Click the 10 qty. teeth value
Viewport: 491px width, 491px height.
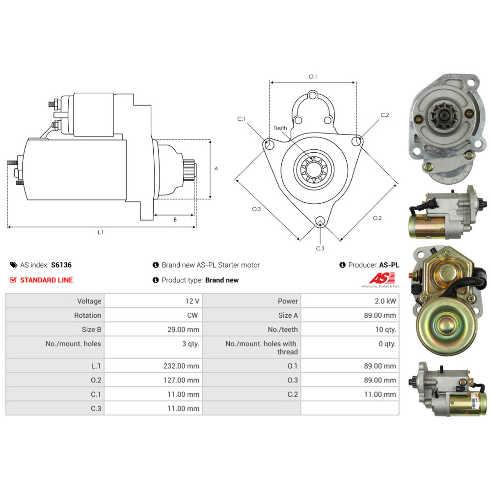coord(385,329)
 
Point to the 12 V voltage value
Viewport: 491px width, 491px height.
coord(192,301)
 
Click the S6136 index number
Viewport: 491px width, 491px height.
coord(61,265)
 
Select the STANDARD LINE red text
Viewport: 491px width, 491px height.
coord(46,280)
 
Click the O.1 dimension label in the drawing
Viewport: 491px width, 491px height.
coord(313,77)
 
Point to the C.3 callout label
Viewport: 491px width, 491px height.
coord(320,248)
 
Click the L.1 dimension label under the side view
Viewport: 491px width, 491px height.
coord(101,232)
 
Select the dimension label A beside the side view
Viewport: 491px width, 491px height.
coord(216,168)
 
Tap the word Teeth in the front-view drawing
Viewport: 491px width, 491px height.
coord(280,128)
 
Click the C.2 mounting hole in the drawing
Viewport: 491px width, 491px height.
coord(357,141)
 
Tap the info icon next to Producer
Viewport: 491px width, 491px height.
coord(343,265)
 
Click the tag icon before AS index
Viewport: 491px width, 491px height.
coord(14,265)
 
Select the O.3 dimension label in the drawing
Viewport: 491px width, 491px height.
coord(256,209)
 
